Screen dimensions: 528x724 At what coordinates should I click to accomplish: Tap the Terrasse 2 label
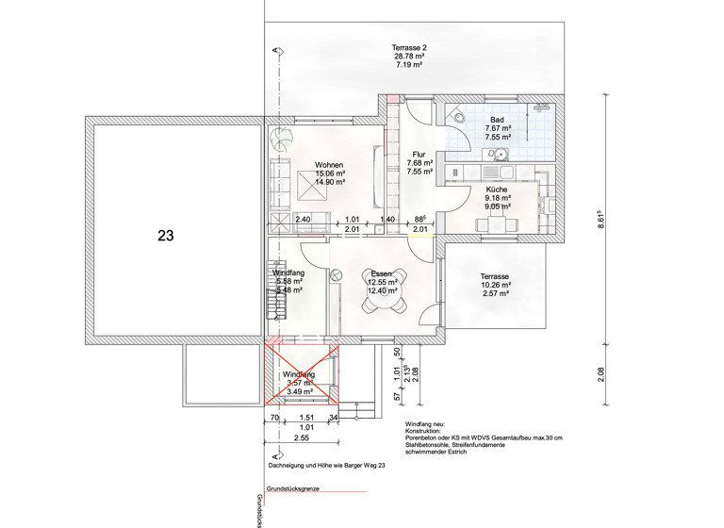(x=409, y=47)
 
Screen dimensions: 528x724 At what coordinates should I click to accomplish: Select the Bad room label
(x=497, y=120)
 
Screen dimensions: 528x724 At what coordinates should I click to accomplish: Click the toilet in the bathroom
(x=458, y=114)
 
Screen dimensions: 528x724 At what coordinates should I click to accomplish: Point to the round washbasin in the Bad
(x=502, y=156)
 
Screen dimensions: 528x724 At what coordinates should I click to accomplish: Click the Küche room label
(x=497, y=190)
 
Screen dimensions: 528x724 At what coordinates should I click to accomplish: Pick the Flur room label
(x=419, y=155)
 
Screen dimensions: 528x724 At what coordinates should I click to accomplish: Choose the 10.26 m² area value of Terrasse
(x=496, y=285)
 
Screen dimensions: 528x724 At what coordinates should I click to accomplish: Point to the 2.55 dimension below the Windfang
(x=302, y=438)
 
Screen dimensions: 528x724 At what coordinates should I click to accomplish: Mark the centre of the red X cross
(x=301, y=375)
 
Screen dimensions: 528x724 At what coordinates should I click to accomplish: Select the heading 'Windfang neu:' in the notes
(x=430, y=425)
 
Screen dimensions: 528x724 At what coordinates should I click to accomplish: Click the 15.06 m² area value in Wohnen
(x=330, y=173)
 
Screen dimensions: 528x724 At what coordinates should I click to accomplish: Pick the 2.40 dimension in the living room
(x=304, y=220)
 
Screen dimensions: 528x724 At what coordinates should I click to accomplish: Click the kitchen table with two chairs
(x=497, y=225)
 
